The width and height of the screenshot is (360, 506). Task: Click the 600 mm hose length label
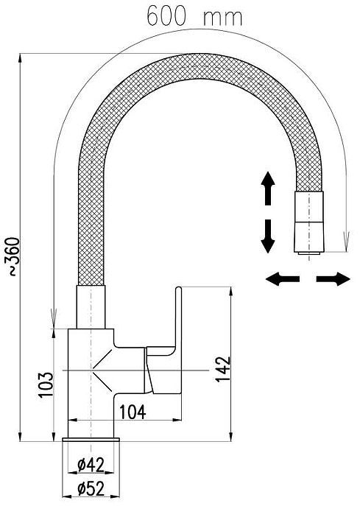[194, 15]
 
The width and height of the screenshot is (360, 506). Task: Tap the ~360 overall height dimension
[13, 256]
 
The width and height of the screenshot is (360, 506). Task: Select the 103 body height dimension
[46, 384]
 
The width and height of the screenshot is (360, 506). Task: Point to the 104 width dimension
[133, 412]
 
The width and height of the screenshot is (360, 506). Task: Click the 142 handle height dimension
[223, 370]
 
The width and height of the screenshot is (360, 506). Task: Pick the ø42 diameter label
[91, 465]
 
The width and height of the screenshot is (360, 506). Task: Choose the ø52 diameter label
[91, 489]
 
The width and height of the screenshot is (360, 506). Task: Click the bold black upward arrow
[268, 189]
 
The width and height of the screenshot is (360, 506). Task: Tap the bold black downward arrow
[268, 236]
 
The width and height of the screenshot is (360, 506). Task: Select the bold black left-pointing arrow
[283, 279]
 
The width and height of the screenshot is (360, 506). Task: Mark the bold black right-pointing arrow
[333, 279]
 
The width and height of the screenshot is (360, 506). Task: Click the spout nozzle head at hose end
[309, 222]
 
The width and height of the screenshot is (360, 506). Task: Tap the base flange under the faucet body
[91, 439]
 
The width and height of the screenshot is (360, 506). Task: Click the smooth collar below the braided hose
[91, 307]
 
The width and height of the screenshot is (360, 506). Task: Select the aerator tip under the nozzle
[309, 253]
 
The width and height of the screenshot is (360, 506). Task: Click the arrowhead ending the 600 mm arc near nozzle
[347, 242]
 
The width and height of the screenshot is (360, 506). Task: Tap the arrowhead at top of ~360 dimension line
[21, 59]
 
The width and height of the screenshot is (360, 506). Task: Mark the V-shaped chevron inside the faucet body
[102, 370]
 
